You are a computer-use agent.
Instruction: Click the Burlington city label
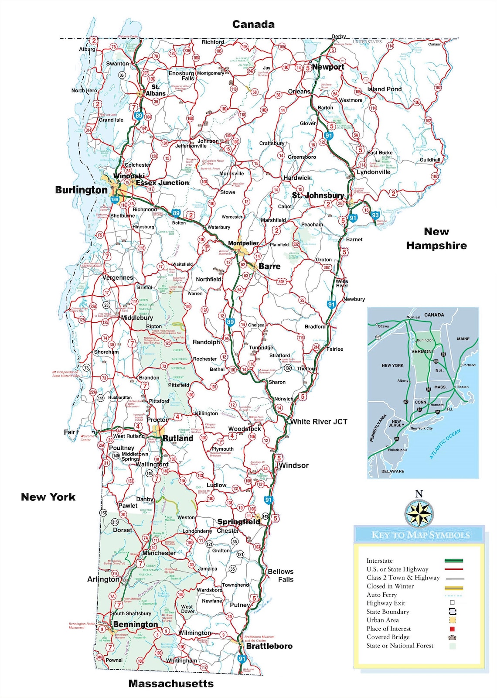81,190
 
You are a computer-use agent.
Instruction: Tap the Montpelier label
243,243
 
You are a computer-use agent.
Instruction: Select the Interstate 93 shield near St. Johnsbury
375,215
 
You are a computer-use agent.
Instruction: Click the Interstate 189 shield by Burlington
114,200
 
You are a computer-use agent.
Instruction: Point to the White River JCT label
319,421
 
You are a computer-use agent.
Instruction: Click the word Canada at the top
253,24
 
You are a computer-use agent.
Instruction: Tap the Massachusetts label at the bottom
171,684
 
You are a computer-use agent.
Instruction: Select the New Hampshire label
436,239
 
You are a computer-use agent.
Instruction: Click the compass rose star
419,513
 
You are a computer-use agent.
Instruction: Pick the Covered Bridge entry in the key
388,637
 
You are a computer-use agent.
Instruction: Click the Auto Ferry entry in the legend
381,595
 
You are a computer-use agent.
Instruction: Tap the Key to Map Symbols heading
420,535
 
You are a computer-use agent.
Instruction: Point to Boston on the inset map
463,387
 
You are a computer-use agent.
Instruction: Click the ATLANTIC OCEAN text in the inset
445,444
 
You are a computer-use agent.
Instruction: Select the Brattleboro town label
269,646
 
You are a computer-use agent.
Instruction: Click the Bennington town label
136,624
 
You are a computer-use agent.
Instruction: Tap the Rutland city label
178,438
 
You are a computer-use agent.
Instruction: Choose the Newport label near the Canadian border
328,67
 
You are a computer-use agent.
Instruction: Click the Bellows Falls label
281,575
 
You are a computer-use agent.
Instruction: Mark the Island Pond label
384,89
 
